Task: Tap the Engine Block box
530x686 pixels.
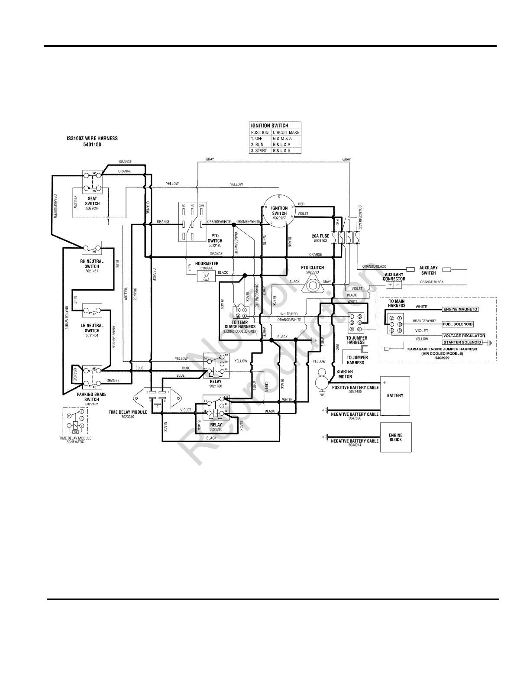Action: click(395, 437)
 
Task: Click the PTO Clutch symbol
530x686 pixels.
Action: click(312, 285)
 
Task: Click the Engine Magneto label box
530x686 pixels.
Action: click(460, 310)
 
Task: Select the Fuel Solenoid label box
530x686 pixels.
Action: click(458, 324)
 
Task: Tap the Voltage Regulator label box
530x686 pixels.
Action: click(463, 336)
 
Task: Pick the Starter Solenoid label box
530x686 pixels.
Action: click(462, 342)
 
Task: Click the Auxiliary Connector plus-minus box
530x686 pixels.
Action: click(394, 285)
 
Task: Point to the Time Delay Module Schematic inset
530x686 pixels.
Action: click(75, 421)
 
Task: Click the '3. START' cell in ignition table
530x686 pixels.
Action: click(260, 151)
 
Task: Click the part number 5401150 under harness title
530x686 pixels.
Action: click(92, 145)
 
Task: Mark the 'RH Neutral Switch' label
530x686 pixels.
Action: click(92, 264)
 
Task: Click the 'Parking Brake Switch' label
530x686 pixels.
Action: click(92, 397)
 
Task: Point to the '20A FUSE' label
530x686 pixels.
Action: click(320, 236)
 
